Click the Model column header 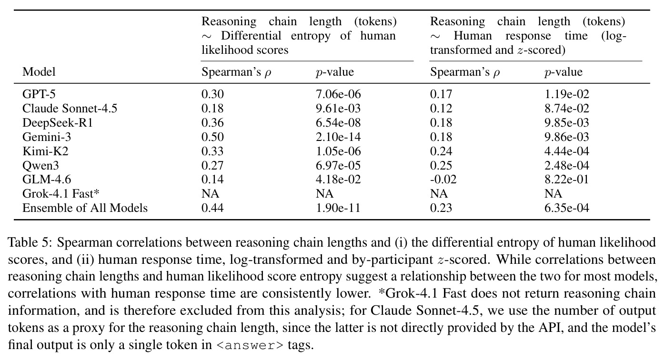[x=39, y=72]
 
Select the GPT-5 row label [x=39, y=94]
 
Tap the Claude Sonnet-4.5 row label [x=70, y=108]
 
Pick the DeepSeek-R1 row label [x=58, y=122]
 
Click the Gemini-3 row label [x=47, y=137]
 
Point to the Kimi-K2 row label [x=45, y=151]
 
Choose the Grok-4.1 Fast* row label [x=61, y=193]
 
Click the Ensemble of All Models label [x=85, y=208]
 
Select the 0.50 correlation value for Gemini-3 [x=212, y=137]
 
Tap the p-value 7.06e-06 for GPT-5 [x=338, y=94]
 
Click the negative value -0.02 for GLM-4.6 [x=443, y=179]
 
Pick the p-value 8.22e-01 [x=567, y=179]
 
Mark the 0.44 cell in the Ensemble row [x=212, y=208]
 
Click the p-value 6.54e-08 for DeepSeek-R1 [x=338, y=122]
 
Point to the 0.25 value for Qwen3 [x=441, y=165]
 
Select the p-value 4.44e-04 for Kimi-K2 [x=567, y=151]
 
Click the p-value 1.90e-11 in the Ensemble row [x=338, y=208]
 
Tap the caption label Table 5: [x=30, y=242]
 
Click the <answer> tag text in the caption [x=250, y=345]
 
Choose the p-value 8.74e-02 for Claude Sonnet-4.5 [x=567, y=108]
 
